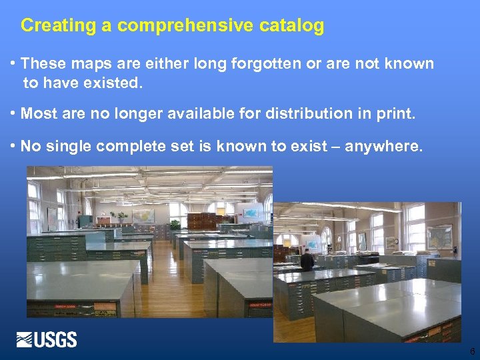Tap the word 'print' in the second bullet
coord(395,114)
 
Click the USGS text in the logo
coord(57,340)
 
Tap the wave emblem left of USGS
coord(25,340)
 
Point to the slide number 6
coord(472,351)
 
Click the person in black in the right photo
coord(306,259)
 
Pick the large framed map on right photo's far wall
coord(440,237)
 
